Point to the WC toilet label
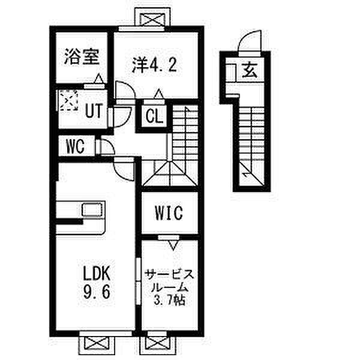pyautogui.click(x=74, y=146)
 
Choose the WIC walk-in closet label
pyautogui.click(x=167, y=213)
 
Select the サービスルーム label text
pyautogui.click(x=169, y=280)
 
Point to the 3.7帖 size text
pyautogui.click(x=170, y=299)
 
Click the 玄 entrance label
pyautogui.click(x=250, y=71)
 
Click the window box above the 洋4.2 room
pyautogui.click(x=154, y=20)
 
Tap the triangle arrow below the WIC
pyautogui.click(x=173, y=244)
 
